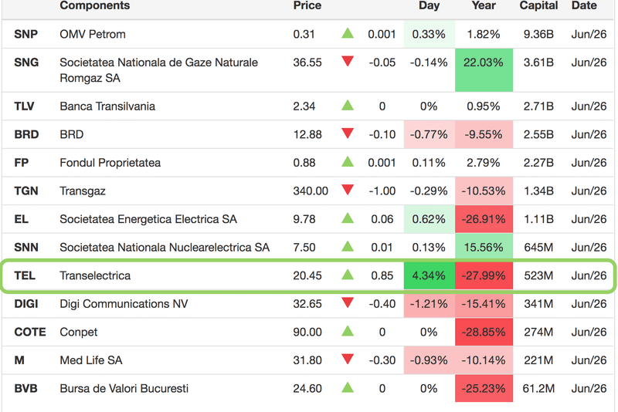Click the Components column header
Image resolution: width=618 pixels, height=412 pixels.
[x=94, y=5]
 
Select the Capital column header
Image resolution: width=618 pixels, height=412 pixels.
[x=538, y=5]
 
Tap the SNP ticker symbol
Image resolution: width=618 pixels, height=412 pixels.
[x=26, y=34]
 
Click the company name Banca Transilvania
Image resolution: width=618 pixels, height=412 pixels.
[x=107, y=106]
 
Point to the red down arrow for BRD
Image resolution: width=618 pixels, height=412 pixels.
[x=348, y=133]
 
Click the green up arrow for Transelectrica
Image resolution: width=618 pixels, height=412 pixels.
[x=348, y=275]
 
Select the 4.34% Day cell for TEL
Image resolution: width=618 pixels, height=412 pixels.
[x=429, y=275]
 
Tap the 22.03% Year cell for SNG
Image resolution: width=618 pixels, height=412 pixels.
[x=484, y=62]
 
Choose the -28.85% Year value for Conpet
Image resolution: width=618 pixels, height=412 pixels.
[x=484, y=332]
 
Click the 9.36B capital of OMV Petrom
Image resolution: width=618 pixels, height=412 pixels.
[x=538, y=34]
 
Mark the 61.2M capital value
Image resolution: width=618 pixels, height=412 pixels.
[x=538, y=388]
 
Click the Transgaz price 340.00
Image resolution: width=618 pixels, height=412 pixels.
[x=311, y=191]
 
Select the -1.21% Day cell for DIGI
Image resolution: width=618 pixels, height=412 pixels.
[x=429, y=303]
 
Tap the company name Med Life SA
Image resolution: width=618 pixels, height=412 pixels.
[x=91, y=360]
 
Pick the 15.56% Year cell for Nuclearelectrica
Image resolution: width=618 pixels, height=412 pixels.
[x=484, y=247]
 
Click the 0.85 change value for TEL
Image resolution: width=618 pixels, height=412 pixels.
[x=382, y=275]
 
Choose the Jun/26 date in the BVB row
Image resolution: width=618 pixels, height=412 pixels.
[x=589, y=388]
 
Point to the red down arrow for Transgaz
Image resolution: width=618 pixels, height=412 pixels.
[x=348, y=190]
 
